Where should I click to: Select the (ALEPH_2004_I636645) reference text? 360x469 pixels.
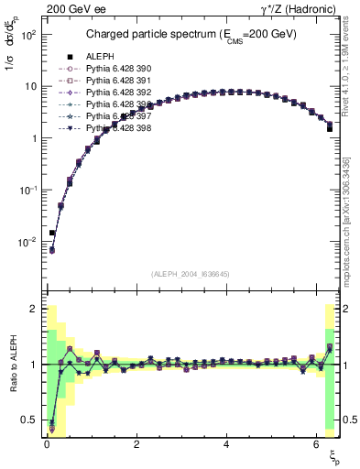(191, 274)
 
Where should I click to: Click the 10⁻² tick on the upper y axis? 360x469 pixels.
(29, 242)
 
